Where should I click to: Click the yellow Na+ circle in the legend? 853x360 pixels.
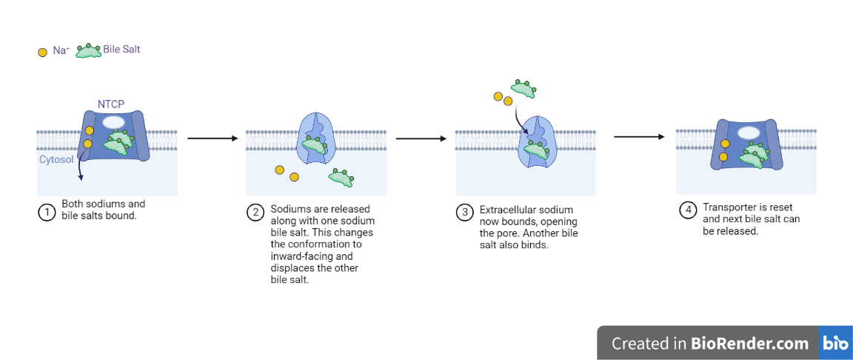click(x=42, y=53)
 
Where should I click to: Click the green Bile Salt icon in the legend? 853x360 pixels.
click(x=88, y=51)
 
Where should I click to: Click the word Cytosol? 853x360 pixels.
click(x=56, y=159)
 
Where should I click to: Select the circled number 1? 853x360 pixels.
click(x=47, y=212)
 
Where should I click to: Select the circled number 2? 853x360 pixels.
click(x=255, y=212)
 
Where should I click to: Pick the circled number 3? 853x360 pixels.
click(x=465, y=213)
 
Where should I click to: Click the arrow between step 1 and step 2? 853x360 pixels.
click(x=211, y=138)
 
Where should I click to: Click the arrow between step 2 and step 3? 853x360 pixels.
click(x=421, y=138)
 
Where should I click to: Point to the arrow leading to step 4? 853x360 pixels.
click(x=638, y=136)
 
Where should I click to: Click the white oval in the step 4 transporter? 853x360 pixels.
click(x=749, y=133)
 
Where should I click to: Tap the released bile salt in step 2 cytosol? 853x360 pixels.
click(x=341, y=177)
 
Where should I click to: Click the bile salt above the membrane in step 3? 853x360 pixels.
click(x=523, y=89)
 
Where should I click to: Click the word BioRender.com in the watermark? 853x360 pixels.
click(x=749, y=344)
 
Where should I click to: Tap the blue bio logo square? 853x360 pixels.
click(x=835, y=344)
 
